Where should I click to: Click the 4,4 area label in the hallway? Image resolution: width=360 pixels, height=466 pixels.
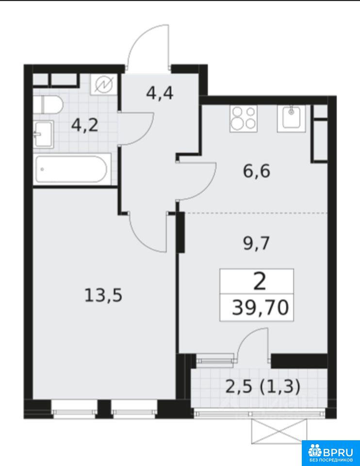click(x=160, y=94)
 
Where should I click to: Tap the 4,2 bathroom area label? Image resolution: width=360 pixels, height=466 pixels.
click(x=84, y=126)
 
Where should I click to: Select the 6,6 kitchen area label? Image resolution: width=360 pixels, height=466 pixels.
click(x=257, y=171)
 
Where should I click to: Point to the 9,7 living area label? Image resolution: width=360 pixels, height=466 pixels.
click(x=257, y=244)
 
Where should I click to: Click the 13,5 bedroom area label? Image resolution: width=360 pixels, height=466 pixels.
click(x=103, y=296)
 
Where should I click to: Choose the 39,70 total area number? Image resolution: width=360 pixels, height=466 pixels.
click(x=260, y=308)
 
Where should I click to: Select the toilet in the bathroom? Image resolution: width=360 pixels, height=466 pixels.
click(x=48, y=105)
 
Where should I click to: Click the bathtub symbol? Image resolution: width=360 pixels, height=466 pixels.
click(x=71, y=169)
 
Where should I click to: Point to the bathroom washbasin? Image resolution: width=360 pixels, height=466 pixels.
click(x=43, y=134)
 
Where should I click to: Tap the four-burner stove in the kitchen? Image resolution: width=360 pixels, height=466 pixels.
click(x=244, y=119)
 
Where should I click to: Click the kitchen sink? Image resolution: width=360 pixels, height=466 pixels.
click(x=291, y=118)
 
